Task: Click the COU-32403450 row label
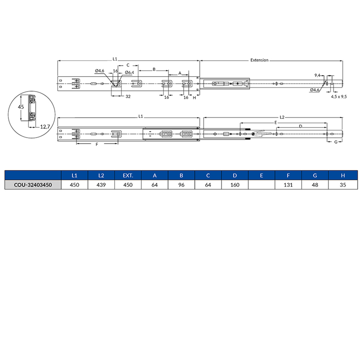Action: coord(32,185)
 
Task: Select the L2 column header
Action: coord(101,176)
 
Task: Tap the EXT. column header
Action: coord(128,176)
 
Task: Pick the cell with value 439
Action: coord(101,185)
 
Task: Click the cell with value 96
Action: coord(181,185)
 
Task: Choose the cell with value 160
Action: coord(235,185)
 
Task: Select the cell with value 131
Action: coord(288,185)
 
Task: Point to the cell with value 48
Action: coord(315,185)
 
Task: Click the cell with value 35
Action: coord(342,185)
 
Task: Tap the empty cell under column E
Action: coord(261,185)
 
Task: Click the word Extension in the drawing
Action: coord(260,60)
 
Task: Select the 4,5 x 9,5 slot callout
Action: coord(338,96)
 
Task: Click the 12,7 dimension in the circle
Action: coord(45,126)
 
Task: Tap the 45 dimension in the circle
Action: coord(21,107)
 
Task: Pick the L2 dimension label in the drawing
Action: coord(282,117)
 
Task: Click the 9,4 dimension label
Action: coord(317,75)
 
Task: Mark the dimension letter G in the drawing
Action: coord(336,142)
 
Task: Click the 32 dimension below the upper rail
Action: coord(128,96)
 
